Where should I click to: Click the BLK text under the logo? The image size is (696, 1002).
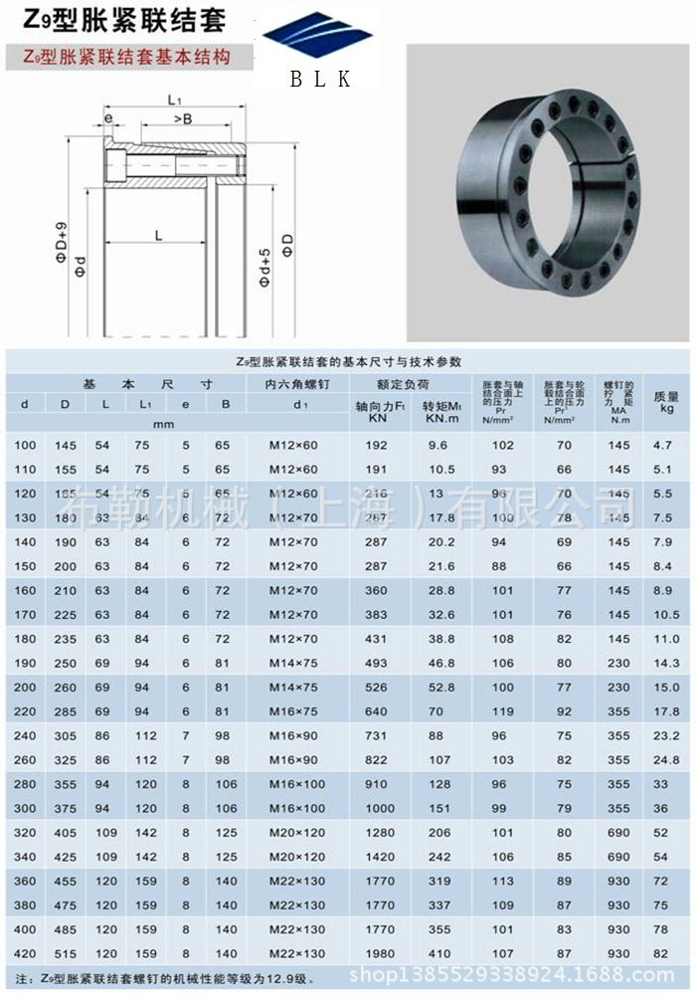[320, 79]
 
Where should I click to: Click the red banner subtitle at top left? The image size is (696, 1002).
[128, 57]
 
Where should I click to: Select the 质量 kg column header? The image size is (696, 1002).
[666, 401]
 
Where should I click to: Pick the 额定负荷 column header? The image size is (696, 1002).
[403, 383]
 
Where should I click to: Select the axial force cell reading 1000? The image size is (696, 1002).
[377, 808]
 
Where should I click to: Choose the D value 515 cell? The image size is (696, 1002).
[65, 953]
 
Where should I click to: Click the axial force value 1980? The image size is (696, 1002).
[377, 953]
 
